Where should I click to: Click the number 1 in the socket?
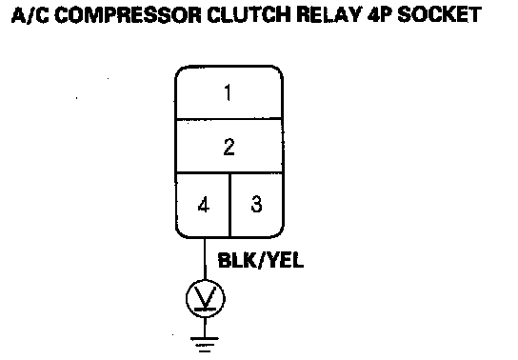[228, 92]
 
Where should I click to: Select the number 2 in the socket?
[229, 147]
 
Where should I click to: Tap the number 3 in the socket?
[257, 204]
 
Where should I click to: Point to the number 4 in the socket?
[204, 205]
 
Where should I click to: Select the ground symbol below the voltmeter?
[205, 344]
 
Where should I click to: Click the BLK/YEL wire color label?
[261, 260]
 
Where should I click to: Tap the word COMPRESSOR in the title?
[128, 15]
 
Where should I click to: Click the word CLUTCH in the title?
[250, 15]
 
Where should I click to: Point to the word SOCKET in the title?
[439, 15]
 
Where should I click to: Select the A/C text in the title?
[30, 15]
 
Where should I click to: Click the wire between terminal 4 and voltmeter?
[205, 259]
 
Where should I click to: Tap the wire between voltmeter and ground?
[205, 328]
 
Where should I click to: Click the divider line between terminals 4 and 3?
[229, 205]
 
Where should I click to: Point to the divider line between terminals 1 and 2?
[229, 119]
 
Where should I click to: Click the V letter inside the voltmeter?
[205, 297]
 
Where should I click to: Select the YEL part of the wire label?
[286, 260]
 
